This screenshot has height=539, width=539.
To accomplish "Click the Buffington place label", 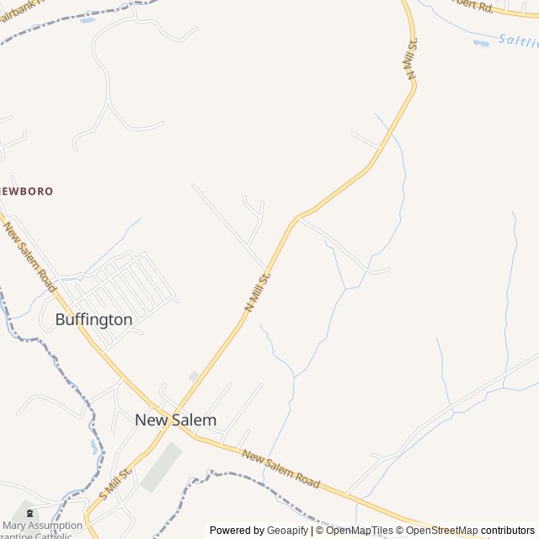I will coord(93,320).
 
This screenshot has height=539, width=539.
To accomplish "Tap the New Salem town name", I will coord(176,419).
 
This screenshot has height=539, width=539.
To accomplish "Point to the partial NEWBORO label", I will coord(25,191).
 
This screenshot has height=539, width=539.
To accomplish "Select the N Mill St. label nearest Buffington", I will coord(258,291).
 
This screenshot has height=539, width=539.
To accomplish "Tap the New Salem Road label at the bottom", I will coord(280,468).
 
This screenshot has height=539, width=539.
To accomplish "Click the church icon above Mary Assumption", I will coord(30,512).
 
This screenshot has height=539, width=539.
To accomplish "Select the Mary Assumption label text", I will coord(42,526).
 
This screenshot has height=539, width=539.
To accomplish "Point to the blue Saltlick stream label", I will coord(516,40).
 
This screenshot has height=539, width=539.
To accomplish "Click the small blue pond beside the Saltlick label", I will coord(481,42).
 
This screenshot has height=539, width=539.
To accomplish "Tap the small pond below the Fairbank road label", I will coord(88,19).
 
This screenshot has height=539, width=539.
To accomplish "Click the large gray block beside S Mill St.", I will coord(161,467).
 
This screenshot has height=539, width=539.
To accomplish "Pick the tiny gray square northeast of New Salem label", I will coord(194,376).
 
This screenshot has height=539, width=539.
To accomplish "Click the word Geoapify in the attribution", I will coord(287,531).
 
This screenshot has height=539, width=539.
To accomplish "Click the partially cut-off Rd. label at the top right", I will coord(472,5).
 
